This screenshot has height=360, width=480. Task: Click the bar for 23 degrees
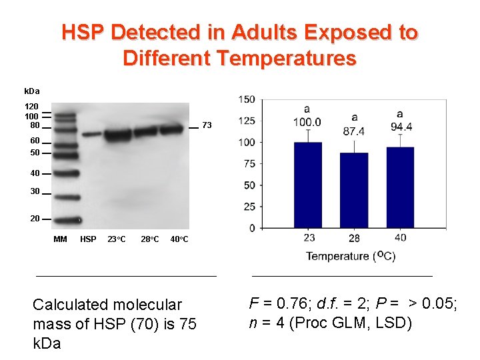[x=307, y=185]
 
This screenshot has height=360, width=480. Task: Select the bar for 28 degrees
[x=353, y=190]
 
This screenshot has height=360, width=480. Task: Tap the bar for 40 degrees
[x=400, y=187]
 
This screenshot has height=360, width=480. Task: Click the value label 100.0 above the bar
[x=307, y=123]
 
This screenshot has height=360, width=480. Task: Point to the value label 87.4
[x=353, y=132]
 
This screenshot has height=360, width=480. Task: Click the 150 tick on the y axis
[x=247, y=100]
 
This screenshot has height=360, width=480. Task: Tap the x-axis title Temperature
[x=337, y=256]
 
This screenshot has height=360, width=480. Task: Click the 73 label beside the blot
[x=207, y=125]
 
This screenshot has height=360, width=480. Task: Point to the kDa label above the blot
[x=32, y=91]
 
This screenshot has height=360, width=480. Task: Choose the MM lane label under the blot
[x=60, y=239]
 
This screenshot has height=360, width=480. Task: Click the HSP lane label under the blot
[x=88, y=239]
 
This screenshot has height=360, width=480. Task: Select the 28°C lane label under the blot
[x=150, y=239]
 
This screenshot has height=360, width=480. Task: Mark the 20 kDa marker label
[x=35, y=219]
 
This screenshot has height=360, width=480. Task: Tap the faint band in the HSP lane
[x=91, y=134]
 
